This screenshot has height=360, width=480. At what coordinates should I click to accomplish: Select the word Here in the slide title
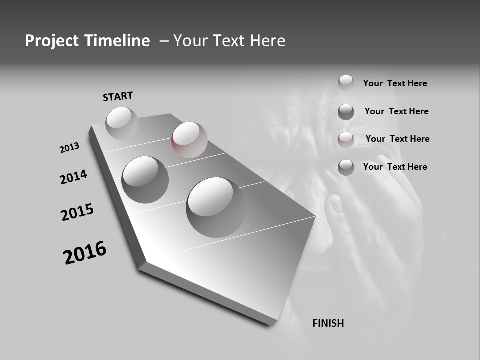coord(267,41)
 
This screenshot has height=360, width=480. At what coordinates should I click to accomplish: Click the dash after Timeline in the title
coord(164,41)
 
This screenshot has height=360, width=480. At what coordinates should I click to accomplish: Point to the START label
coord(118,96)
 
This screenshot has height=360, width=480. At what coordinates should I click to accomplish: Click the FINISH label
coord(328,323)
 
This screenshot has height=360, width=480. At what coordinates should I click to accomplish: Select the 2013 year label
coord(70,148)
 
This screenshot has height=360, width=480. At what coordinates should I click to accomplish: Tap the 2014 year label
coord(74,177)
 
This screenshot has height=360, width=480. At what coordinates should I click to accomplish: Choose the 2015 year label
coord(77,212)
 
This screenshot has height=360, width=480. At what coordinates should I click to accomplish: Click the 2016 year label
coord(85,252)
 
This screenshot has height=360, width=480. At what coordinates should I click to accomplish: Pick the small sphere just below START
coord(122,122)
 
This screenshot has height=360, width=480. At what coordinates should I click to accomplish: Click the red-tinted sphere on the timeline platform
coord(189,139)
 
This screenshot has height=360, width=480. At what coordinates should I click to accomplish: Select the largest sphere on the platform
coord(216,207)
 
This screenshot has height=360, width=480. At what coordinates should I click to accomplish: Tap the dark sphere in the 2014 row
coord(145,179)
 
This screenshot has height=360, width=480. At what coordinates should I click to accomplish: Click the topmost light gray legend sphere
coord(346,82)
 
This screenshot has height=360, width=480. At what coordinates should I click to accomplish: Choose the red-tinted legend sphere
coord(346,140)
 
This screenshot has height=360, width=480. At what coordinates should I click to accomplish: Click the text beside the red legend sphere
coord(397,139)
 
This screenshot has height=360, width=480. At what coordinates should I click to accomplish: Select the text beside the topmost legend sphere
coord(395,83)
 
